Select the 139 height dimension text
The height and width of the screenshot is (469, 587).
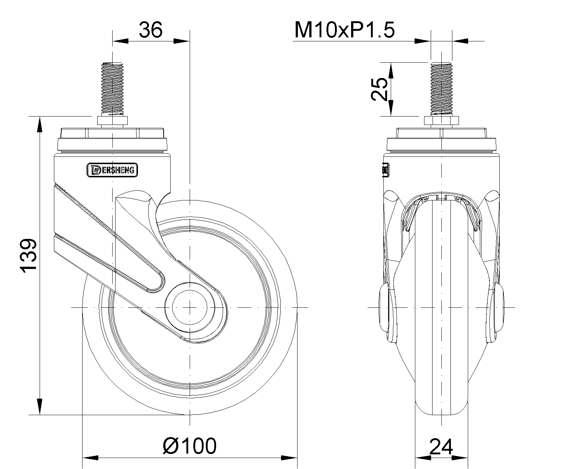click(x=28, y=256)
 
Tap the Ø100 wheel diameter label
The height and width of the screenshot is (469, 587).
click(x=190, y=446)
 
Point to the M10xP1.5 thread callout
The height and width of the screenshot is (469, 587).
click(x=344, y=30)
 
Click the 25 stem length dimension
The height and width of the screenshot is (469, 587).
click(x=379, y=89)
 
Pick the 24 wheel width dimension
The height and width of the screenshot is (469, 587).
click(x=441, y=447)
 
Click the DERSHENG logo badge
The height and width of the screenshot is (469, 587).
click(x=112, y=170)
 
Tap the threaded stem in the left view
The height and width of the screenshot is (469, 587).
click(x=112, y=89)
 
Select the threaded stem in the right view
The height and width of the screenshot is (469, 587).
click(x=441, y=89)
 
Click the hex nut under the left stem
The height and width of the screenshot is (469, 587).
click(x=112, y=121)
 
